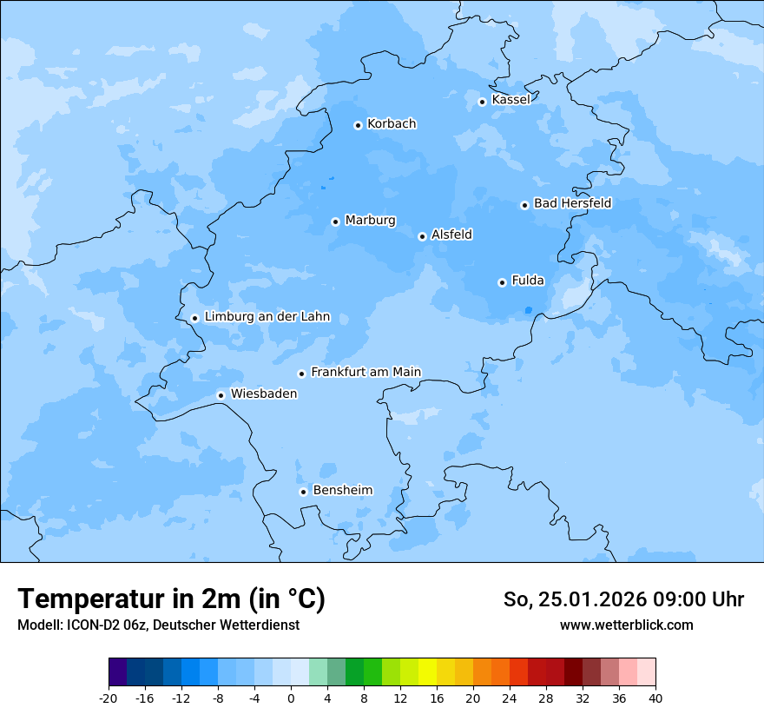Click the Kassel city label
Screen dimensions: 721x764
[x=510, y=100]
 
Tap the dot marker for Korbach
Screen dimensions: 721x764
[x=358, y=125]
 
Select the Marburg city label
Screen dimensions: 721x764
[x=370, y=221]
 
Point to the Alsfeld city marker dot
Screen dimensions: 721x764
[x=422, y=236]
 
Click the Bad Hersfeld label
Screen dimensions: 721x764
[x=572, y=203]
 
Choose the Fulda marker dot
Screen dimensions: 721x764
[x=502, y=282]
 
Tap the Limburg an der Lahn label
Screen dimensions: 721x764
[x=267, y=317]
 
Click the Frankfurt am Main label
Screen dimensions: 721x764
[x=366, y=372]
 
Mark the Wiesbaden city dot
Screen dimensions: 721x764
[x=221, y=395]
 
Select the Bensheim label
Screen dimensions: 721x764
[x=342, y=490]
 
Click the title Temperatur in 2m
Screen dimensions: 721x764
[x=171, y=599]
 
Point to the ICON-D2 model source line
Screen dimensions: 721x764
[x=158, y=625]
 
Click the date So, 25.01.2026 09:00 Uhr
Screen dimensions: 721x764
[x=623, y=599]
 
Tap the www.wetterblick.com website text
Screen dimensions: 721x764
[x=626, y=625]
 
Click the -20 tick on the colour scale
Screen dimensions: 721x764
[x=109, y=698]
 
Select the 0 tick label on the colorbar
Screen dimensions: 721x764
[x=291, y=698]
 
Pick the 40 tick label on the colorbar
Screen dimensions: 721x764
[x=655, y=698]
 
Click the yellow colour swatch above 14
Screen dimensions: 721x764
[x=427, y=672]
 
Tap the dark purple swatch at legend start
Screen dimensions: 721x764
[x=118, y=672]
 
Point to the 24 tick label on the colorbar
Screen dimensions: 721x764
[x=510, y=698]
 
